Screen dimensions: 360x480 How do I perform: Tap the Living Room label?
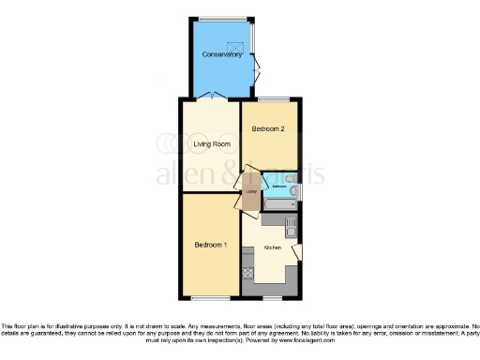[212, 144]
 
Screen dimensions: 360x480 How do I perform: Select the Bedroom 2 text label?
[268, 131]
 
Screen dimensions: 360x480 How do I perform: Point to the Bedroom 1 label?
[211, 245]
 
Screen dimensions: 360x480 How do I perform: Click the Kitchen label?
[273, 247]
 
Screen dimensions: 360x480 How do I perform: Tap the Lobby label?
[250, 192]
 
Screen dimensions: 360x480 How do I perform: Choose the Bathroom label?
[279, 187]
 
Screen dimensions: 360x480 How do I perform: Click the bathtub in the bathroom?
[278, 203]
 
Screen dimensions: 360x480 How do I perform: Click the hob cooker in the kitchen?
[248, 274]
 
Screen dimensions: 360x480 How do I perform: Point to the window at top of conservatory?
[223, 17]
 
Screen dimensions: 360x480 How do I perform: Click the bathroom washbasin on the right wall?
[296, 177]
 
